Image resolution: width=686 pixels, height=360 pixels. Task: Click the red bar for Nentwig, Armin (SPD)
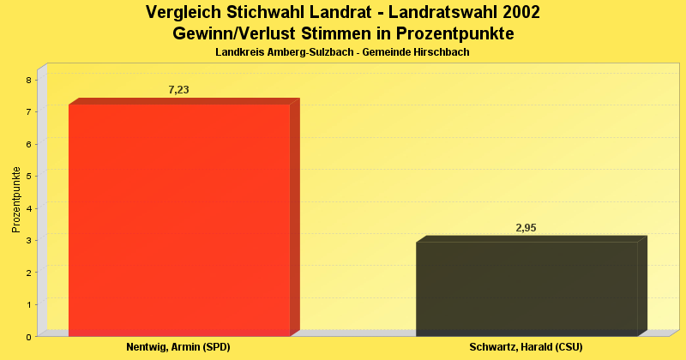click(x=179, y=219)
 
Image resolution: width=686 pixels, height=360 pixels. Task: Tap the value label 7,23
click(x=178, y=90)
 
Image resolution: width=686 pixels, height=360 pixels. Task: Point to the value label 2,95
click(x=526, y=228)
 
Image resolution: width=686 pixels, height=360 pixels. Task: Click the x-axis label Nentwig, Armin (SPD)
click(x=178, y=347)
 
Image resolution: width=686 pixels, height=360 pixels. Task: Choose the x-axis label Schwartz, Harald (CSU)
click(x=527, y=347)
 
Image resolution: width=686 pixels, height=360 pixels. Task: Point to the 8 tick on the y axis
click(x=28, y=80)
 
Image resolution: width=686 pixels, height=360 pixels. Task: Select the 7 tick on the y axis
click(x=28, y=112)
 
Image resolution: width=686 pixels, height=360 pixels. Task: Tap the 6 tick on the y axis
click(x=28, y=144)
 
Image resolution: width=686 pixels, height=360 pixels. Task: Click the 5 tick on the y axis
click(x=28, y=177)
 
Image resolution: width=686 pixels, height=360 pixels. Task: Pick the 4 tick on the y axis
click(x=28, y=208)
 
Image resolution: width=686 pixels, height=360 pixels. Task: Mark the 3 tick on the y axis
click(x=28, y=241)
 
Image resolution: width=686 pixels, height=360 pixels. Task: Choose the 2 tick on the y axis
click(x=28, y=273)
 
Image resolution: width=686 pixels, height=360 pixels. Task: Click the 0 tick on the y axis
click(x=28, y=337)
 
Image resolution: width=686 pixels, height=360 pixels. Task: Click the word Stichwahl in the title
click(x=267, y=13)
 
